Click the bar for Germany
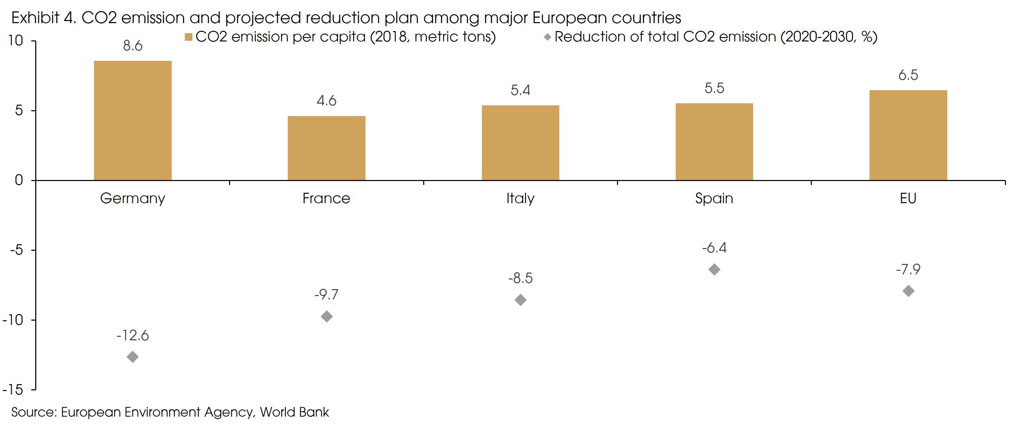click(133, 120)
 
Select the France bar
click(326, 148)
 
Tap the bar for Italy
click(520, 143)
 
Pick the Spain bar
click(714, 142)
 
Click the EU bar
click(908, 135)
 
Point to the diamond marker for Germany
click(133, 357)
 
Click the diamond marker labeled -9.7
click(326, 317)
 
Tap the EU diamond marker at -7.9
click(908, 291)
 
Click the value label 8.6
click(133, 46)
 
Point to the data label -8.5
click(520, 278)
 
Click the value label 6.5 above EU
click(908, 75)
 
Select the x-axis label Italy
click(520, 198)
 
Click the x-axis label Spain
click(714, 198)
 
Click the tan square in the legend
click(188, 37)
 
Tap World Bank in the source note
click(294, 412)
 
